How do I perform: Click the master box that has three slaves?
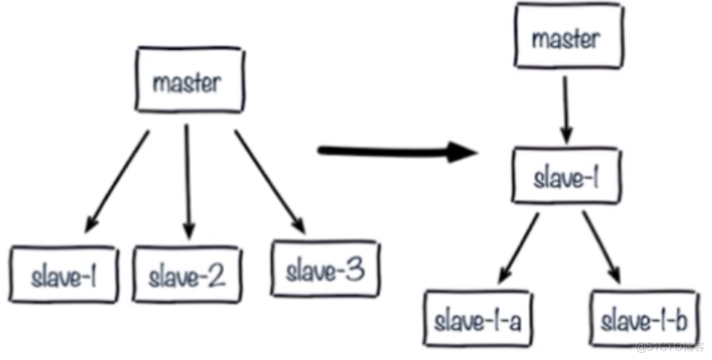pyautogui.click(x=186, y=82)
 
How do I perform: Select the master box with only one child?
pyautogui.click(x=566, y=39)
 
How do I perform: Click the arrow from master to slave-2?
pyautogui.click(x=187, y=181)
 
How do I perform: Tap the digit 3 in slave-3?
pyautogui.click(x=354, y=271)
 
